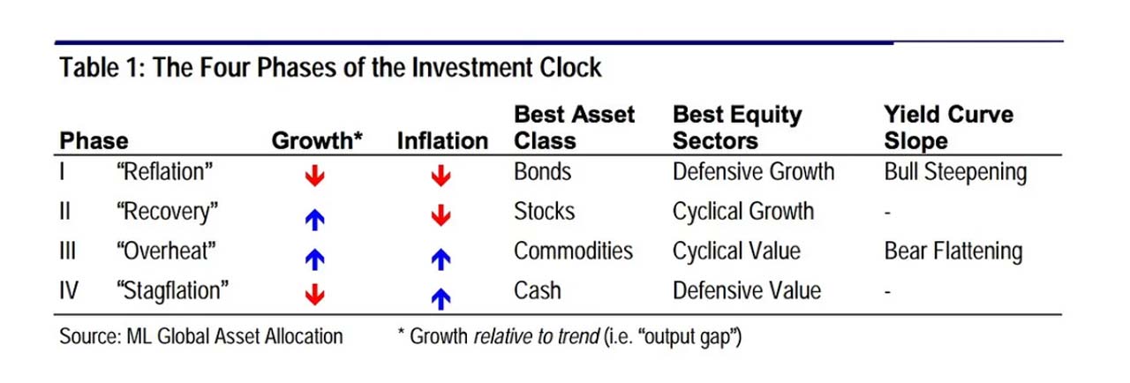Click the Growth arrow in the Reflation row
(315, 176)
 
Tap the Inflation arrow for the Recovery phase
(441, 215)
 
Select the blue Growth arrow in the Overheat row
(315, 259)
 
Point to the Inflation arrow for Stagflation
(441, 298)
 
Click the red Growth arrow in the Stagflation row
(315, 294)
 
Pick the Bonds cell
(542, 172)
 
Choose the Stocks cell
(545, 211)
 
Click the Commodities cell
(573, 251)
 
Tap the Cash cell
(538, 290)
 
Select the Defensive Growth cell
(753, 172)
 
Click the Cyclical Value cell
(736, 251)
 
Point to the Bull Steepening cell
(955, 173)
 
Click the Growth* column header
(317, 140)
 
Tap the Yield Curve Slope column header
(948, 127)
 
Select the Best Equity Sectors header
(737, 127)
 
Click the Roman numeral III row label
(68, 251)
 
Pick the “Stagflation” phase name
(172, 291)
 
